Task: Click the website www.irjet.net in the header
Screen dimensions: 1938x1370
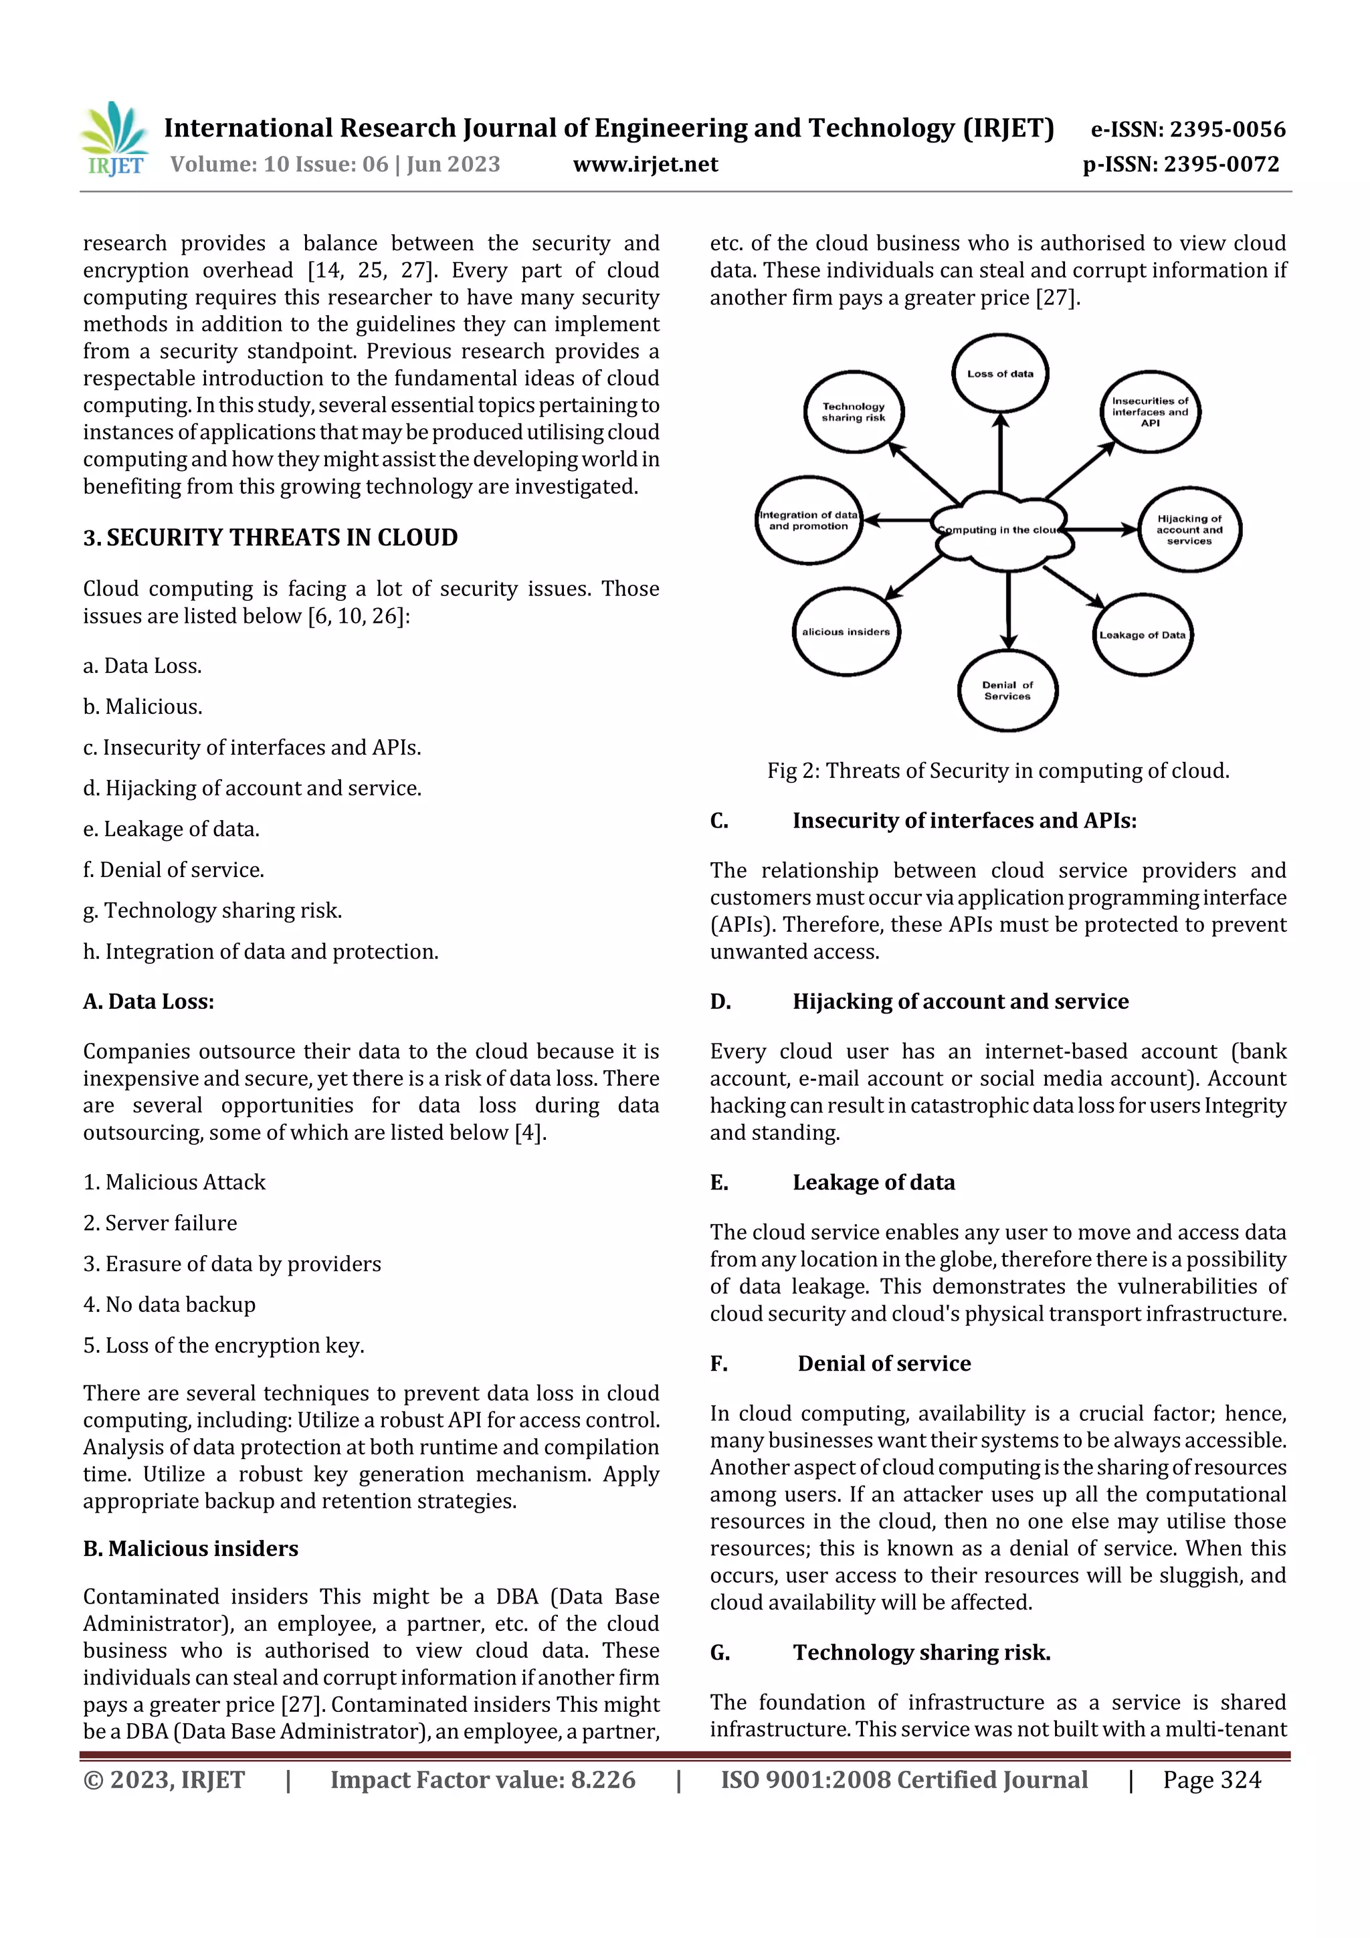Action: click(x=645, y=165)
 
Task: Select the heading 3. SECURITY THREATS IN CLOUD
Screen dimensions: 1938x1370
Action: click(x=270, y=538)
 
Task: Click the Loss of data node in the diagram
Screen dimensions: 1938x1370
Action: click(x=999, y=374)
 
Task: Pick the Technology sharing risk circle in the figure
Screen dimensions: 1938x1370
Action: click(x=854, y=412)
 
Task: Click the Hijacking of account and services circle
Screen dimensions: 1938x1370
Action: click(x=1189, y=530)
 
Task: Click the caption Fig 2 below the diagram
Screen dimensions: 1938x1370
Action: click(x=998, y=771)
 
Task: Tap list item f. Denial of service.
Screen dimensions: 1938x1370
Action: click(x=174, y=870)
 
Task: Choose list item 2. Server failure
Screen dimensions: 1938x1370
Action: click(x=161, y=1223)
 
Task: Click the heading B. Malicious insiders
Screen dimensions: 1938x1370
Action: click(x=191, y=1549)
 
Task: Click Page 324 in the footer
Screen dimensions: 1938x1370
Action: click(x=1211, y=1780)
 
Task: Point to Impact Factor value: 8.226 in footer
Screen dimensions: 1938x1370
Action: click(x=483, y=1780)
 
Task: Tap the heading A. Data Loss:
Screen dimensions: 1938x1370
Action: click(x=149, y=1002)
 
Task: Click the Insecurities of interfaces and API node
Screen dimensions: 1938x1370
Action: click(x=1150, y=412)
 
